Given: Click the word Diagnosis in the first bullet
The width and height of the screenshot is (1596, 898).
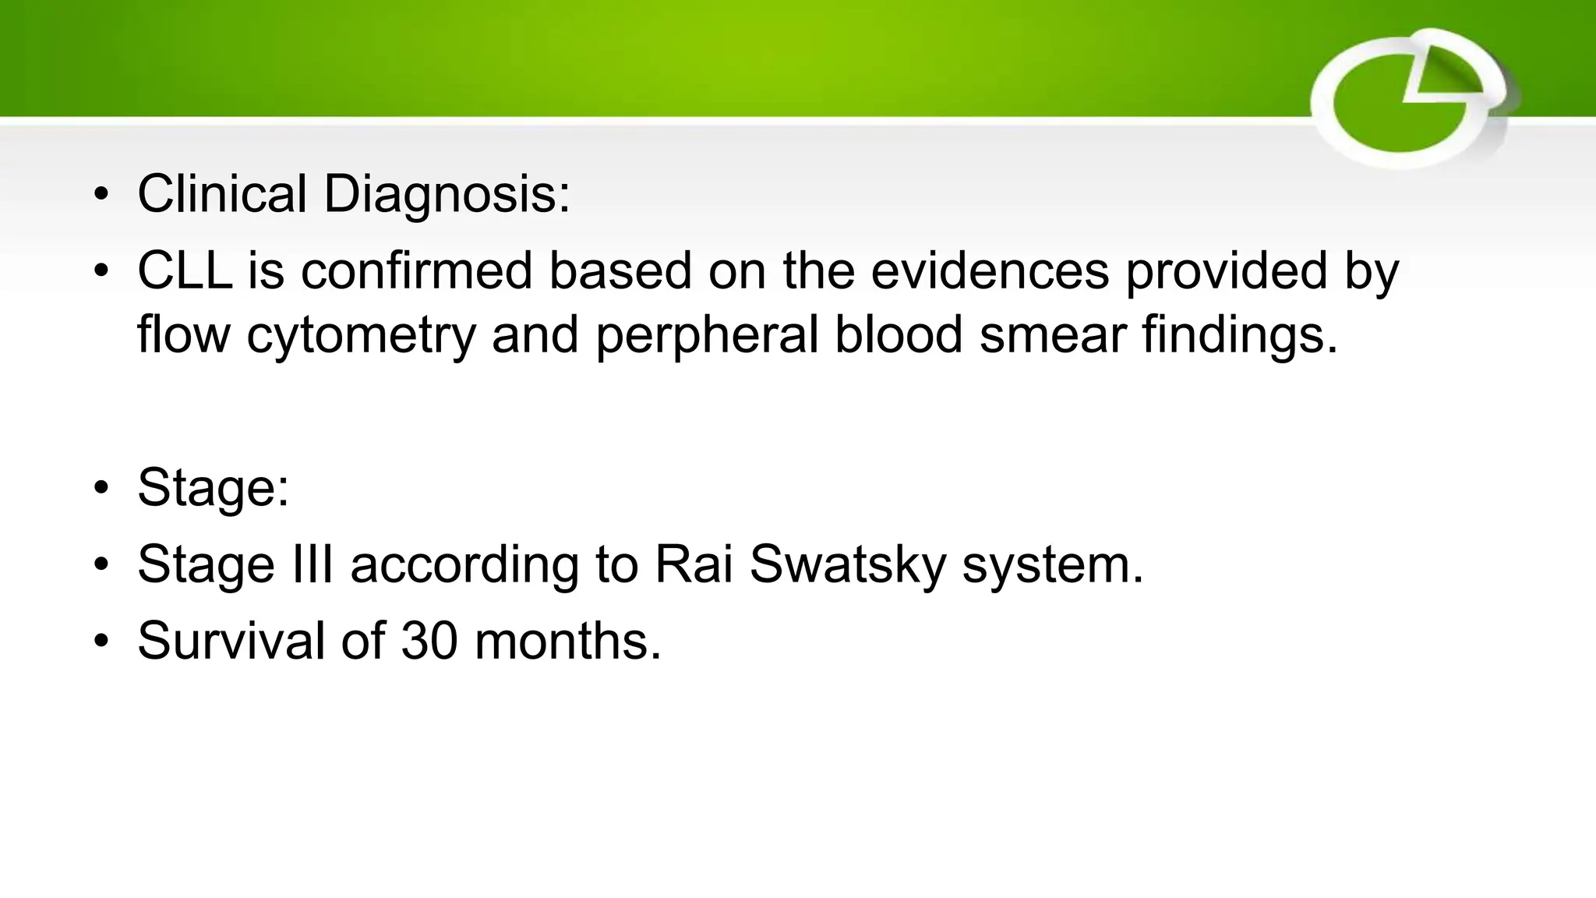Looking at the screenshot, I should pos(447,195).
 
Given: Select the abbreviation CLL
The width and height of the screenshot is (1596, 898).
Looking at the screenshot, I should pos(185,271).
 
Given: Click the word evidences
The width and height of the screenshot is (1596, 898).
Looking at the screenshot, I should pos(990,271).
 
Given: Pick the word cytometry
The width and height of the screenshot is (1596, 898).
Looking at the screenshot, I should pos(361,335).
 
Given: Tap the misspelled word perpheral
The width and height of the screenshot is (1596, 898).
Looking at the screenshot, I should pos(707,335).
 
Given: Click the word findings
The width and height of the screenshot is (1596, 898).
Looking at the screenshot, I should pos(1240,335).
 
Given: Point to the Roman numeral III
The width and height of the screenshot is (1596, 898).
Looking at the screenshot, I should pos(312,564).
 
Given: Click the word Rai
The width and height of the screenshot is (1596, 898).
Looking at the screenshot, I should pos(694,564).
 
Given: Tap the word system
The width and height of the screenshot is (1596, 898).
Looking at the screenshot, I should pos(1053,564).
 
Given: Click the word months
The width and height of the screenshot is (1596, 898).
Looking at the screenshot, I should pos(567,641).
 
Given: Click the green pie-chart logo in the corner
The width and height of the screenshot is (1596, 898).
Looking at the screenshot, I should pos(1411,98).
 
